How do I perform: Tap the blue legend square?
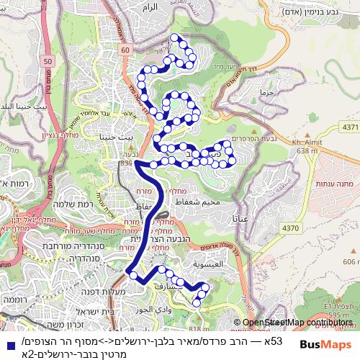(x=7, y=346)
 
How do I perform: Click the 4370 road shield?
(x=311, y=228)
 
